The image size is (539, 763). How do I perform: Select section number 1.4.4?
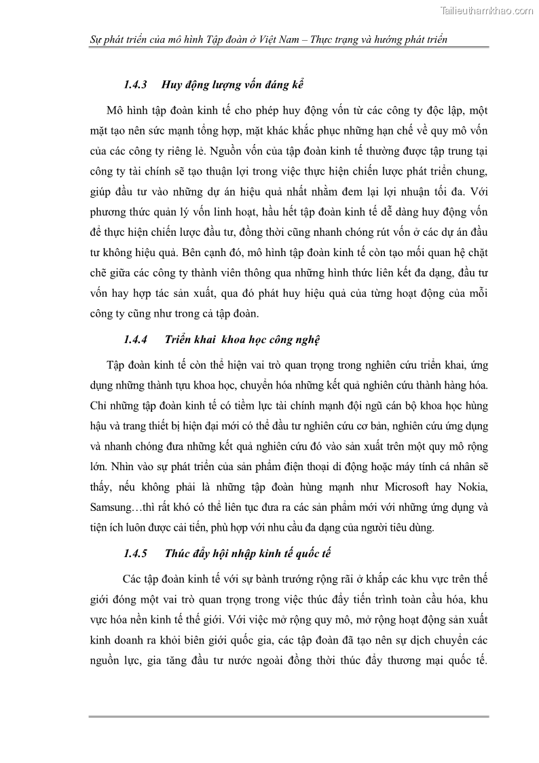click(135, 339)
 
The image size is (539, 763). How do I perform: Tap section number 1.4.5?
click(135, 552)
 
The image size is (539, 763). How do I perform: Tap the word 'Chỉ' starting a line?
click(98, 406)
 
